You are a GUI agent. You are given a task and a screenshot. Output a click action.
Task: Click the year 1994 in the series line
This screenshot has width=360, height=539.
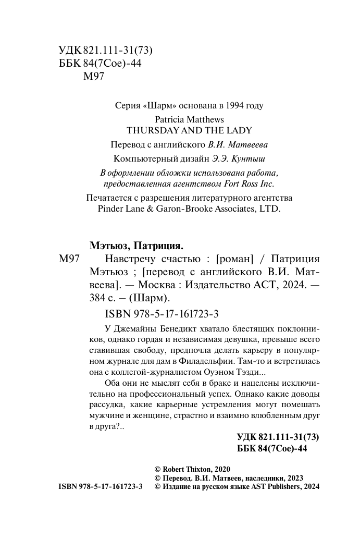pyautogui.click(x=235, y=105)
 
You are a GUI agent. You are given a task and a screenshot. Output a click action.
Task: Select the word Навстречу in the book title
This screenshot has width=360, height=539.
pyautogui.click(x=128, y=259)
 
